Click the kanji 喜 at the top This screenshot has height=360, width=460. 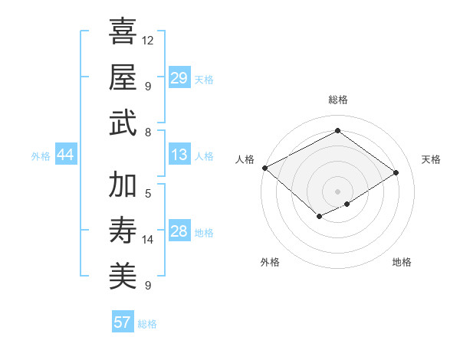click(123, 31)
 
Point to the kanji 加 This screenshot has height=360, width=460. click(123, 185)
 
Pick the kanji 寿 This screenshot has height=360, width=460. click(123, 229)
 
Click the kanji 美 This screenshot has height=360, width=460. click(123, 275)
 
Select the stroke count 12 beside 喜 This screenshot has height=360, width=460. click(148, 40)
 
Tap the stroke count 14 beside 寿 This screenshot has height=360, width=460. click(148, 240)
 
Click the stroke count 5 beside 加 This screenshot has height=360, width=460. click(148, 194)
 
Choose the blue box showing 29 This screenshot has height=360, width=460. click(179, 78)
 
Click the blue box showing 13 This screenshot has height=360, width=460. click(179, 155)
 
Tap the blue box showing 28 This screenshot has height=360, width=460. click(179, 231)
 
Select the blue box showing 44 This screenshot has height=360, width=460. click(66, 155)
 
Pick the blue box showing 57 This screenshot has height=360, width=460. click(123, 322)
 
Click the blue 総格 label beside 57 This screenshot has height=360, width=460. click(147, 324)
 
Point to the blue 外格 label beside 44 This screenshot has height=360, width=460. click(41, 156)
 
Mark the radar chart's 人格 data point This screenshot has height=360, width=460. click(264, 168)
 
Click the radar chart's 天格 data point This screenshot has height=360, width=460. click(396, 173)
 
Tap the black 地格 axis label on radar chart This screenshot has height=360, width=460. click(402, 263)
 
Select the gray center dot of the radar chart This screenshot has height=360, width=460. click(337, 191)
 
